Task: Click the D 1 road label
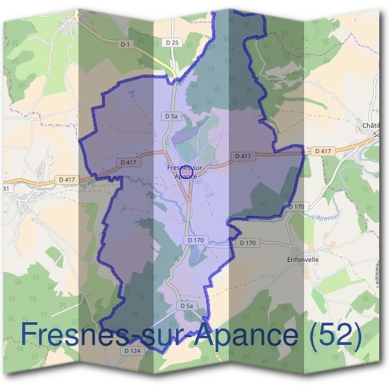[x=124, y=44]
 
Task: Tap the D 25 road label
[x=172, y=42]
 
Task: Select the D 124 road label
[x=132, y=351]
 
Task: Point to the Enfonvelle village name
[x=303, y=259]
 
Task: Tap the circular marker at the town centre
[x=186, y=172]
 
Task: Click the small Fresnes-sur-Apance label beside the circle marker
[x=186, y=172]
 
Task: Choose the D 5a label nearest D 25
[x=171, y=116]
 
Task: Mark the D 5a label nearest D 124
[x=187, y=305]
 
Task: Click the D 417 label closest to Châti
[x=323, y=151]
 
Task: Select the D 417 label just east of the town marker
[x=242, y=156]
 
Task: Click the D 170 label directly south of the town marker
[x=195, y=240]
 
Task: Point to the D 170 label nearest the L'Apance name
[x=296, y=206]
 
